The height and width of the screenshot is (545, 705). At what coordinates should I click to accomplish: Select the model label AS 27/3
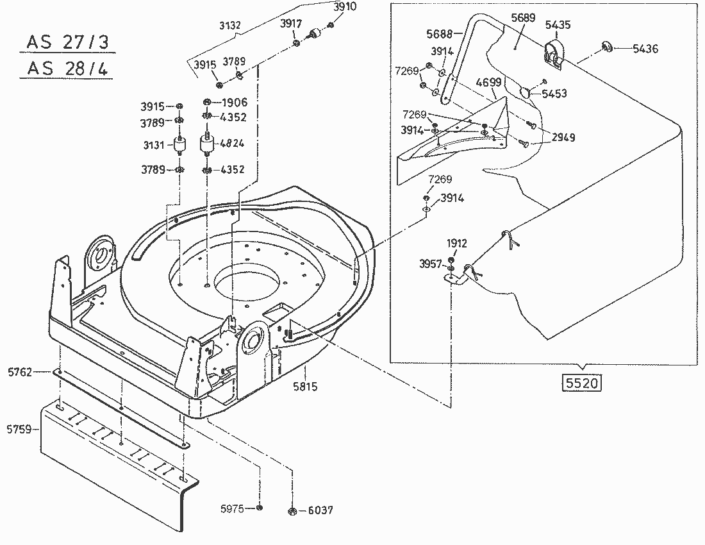[67, 43]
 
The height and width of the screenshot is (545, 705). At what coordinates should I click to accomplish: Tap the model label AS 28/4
[67, 68]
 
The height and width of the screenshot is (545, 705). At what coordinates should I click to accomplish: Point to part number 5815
[305, 387]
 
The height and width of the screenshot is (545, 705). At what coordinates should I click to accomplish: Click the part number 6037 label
[320, 510]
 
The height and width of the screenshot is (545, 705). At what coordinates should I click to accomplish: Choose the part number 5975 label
[233, 508]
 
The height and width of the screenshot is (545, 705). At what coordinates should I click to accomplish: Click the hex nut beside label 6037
[291, 510]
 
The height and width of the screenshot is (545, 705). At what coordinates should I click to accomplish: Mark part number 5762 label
[20, 371]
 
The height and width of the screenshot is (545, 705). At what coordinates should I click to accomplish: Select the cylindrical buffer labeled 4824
[208, 144]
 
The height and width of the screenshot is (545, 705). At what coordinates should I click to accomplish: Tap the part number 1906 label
[234, 103]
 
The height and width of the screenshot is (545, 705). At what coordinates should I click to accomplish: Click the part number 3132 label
[229, 26]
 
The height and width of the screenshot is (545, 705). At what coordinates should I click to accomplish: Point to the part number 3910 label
[345, 6]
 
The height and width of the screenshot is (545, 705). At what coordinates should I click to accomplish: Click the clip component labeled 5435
[553, 53]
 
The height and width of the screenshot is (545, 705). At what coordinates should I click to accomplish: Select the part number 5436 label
[645, 49]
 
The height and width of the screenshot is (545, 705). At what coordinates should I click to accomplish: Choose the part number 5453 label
[554, 94]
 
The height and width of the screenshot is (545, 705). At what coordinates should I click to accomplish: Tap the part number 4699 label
[488, 83]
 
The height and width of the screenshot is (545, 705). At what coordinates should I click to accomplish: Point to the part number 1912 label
[458, 244]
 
